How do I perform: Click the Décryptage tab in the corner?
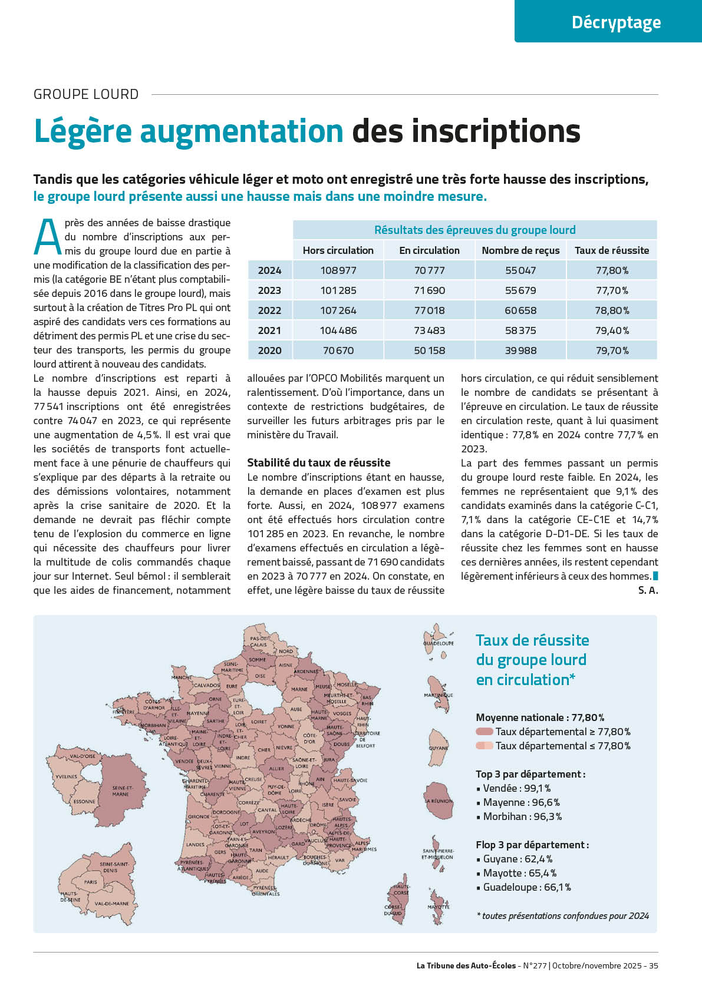click(616, 22)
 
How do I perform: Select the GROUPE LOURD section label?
click(86, 94)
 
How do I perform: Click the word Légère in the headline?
click(83, 131)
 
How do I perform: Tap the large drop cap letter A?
click(47, 237)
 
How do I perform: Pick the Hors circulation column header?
click(338, 250)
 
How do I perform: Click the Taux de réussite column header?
click(611, 250)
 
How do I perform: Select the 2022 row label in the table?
click(269, 310)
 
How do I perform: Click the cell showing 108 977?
click(338, 270)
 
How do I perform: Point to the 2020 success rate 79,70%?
click(611, 350)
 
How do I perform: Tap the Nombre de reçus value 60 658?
click(520, 310)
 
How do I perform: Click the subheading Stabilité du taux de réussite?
click(318, 463)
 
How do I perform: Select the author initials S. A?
click(647, 590)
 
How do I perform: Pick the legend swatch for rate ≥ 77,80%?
click(484, 732)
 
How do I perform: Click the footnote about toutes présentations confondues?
click(562, 915)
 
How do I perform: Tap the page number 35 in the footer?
click(653, 965)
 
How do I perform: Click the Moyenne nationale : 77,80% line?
click(539, 717)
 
